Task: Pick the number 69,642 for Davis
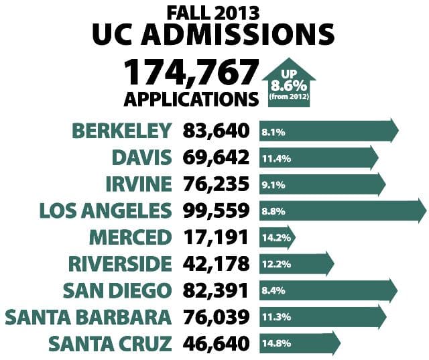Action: [216, 158]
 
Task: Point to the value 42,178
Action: [216, 263]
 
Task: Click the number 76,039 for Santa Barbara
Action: [216, 316]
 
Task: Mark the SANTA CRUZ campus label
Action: [109, 343]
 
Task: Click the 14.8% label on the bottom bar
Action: [275, 343]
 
